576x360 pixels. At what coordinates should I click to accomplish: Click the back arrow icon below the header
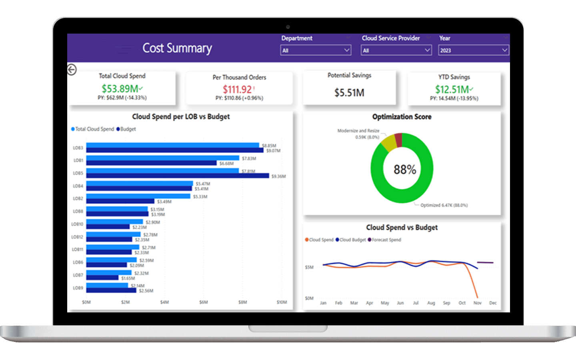72,70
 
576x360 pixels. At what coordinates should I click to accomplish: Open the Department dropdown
316,50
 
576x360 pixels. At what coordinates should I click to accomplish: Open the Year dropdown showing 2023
473,50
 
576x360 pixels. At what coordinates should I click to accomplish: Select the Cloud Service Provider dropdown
396,50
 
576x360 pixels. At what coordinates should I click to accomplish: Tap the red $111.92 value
238,90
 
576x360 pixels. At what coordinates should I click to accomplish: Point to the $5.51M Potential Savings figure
349,93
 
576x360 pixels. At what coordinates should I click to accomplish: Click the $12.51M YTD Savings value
452,90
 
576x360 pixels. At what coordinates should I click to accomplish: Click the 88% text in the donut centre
405,170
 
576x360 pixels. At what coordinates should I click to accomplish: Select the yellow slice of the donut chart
388,143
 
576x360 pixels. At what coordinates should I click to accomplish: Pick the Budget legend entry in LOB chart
126,129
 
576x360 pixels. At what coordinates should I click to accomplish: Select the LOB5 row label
78,173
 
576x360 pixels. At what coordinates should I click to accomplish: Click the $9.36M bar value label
278,176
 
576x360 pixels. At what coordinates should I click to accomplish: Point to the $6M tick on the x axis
204,302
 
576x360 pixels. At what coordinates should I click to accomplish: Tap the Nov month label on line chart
477,303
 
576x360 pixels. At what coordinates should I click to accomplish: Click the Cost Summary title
177,48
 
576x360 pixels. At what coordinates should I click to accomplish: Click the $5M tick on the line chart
309,267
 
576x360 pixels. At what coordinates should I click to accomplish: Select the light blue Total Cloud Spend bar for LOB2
138,196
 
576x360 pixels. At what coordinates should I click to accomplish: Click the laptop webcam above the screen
288,27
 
